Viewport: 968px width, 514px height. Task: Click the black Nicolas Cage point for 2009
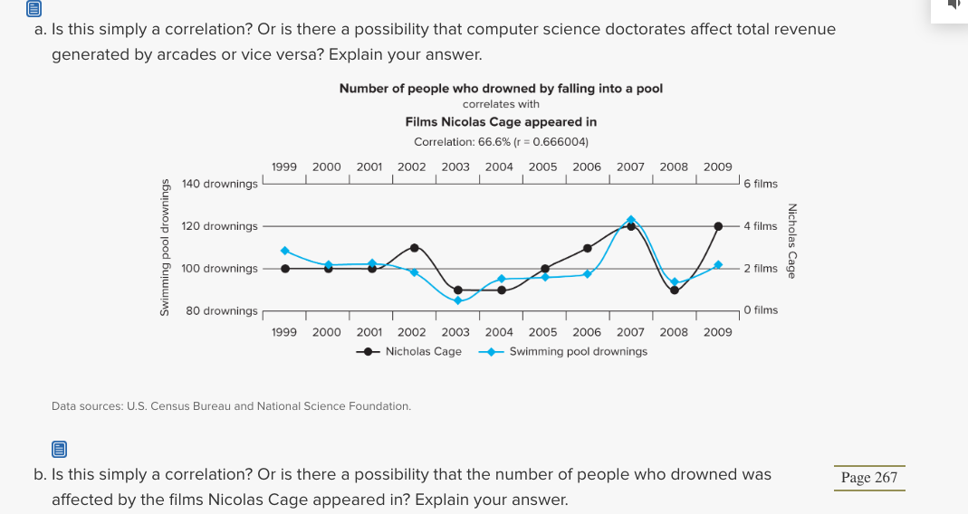coord(718,225)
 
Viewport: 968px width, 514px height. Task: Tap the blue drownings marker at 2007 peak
coord(631,219)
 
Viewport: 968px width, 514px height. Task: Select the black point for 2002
coord(415,247)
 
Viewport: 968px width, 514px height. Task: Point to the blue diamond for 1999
coord(285,251)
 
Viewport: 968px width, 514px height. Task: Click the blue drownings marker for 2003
coord(458,300)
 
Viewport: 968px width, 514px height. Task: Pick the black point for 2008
coord(675,290)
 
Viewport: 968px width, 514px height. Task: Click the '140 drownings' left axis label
coord(219,184)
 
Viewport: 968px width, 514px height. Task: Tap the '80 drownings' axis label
coord(221,310)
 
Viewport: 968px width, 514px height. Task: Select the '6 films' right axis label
coord(761,184)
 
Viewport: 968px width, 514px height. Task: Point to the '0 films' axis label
coord(761,310)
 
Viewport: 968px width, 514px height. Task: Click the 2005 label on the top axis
coord(543,167)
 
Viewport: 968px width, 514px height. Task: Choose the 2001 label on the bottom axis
coord(369,332)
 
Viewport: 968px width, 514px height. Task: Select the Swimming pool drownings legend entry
coord(568,351)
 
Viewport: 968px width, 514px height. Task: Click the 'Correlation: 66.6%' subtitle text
coord(501,142)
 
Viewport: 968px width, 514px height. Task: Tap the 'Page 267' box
coord(868,478)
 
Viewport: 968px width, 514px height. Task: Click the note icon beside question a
coord(34,10)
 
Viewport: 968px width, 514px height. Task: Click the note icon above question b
coord(59,449)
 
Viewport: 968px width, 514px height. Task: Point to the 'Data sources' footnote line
coord(231,406)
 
